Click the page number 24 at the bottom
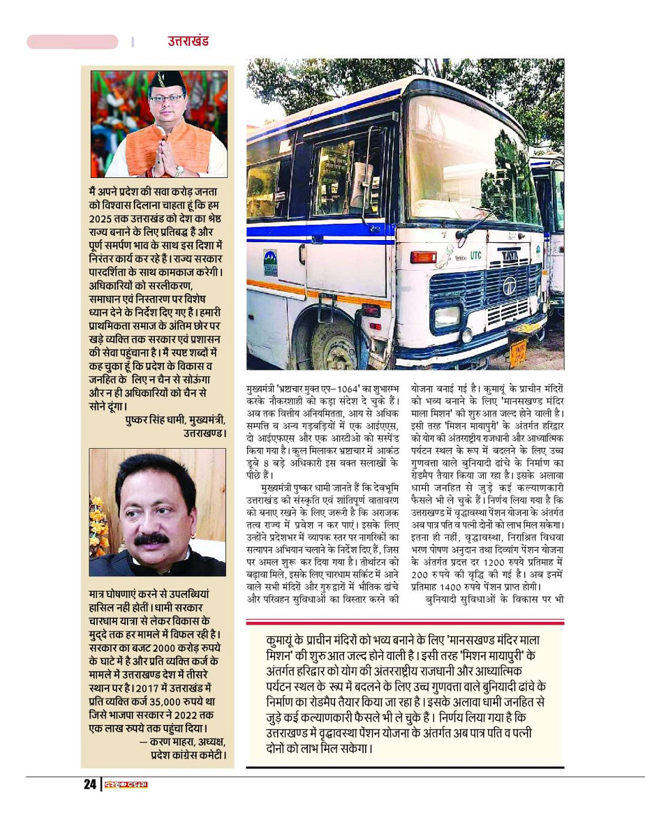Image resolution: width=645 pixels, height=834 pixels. click(90, 784)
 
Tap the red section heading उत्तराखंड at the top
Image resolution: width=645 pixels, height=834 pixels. click(188, 41)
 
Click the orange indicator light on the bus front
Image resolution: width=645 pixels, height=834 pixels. click(423, 257)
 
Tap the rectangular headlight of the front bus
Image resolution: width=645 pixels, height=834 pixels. click(446, 316)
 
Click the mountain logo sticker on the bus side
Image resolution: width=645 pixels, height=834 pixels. click(270, 262)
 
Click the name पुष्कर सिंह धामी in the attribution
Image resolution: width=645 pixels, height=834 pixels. click(154, 421)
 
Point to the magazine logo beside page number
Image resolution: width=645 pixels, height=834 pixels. click(126, 784)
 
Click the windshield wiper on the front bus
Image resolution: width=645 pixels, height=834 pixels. click(478, 224)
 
